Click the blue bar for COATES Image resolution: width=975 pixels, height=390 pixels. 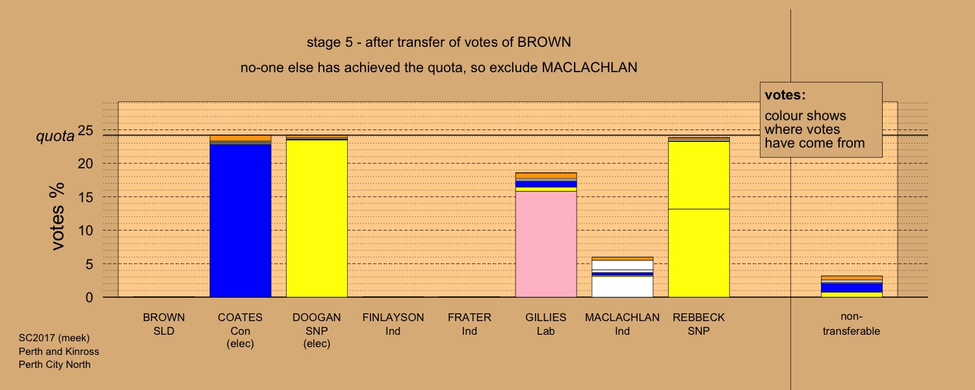240,221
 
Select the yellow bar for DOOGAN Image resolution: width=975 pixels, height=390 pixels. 317,218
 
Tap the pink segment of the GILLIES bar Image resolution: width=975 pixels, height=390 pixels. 546,244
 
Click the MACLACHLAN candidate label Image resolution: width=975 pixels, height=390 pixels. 622,324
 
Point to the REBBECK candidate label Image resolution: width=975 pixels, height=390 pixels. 699,324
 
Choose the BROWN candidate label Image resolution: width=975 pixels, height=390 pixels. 164,324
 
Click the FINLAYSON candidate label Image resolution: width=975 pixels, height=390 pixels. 393,324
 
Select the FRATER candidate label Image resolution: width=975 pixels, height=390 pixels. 470,324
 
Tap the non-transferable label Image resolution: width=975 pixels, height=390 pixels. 851,324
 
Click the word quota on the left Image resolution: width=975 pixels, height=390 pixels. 55,136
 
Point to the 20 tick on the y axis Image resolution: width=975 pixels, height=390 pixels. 85,164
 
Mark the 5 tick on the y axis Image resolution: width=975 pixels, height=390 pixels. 89,264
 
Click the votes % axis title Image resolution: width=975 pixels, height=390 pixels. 57,216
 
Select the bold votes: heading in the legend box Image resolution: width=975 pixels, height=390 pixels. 785,95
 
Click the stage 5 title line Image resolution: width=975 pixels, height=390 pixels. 439,42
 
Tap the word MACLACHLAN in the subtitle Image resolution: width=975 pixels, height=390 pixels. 590,68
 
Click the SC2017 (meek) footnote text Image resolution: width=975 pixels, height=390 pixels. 54,338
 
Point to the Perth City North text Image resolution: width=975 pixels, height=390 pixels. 55,365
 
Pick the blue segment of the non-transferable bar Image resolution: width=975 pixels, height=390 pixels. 851,288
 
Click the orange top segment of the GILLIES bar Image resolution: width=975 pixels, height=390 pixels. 546,175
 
